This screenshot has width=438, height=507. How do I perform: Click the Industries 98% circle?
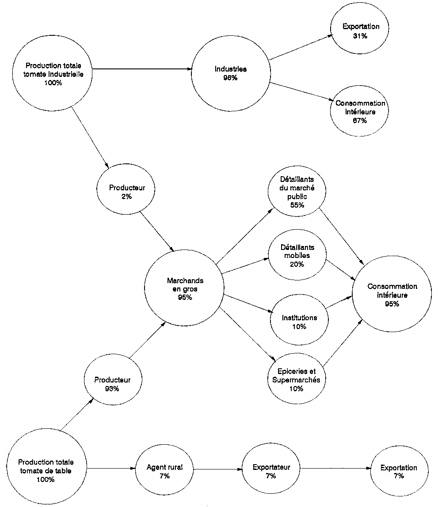tap(231, 73)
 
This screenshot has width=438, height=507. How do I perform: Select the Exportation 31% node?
tap(361, 31)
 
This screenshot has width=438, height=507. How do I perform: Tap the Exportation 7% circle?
tap(399, 472)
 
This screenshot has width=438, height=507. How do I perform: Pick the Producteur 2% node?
tap(127, 192)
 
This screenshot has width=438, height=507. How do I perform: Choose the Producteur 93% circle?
tap(112, 384)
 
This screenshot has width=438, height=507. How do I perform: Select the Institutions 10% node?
tap(299, 322)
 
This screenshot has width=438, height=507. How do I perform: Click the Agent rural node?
tap(164, 471)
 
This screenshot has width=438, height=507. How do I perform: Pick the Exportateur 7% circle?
tap(271, 471)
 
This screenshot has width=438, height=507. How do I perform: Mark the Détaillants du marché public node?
tap(297, 192)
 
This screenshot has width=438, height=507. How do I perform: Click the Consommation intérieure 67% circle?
tap(360, 112)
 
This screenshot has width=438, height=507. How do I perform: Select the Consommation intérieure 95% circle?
tap(392, 295)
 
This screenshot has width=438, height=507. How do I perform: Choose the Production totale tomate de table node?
tap(46, 470)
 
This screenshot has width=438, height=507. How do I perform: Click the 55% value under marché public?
tap(297, 205)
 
